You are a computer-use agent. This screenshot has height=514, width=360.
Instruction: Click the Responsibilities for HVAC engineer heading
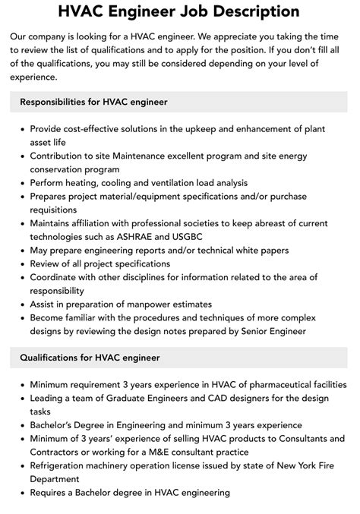click(94, 101)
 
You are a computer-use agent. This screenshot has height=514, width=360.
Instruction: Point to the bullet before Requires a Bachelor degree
click(21, 493)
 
